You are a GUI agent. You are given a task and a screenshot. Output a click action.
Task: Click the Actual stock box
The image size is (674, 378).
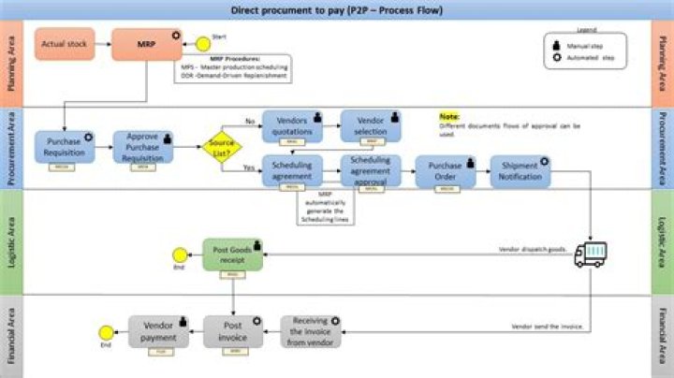pyautogui.click(x=66, y=44)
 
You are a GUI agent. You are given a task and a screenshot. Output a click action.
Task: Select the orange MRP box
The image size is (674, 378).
pyautogui.click(x=146, y=44)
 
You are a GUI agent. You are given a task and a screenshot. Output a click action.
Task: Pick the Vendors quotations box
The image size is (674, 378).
pyautogui.click(x=293, y=124)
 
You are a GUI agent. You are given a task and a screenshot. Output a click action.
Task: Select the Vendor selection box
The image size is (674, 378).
pyautogui.click(x=370, y=124)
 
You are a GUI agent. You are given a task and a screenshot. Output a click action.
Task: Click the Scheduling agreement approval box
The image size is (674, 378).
pyautogui.click(x=370, y=170)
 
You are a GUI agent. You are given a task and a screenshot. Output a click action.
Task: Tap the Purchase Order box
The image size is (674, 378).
pyautogui.click(x=446, y=170)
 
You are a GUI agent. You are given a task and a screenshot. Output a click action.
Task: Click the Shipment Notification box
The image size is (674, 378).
pyautogui.click(x=520, y=170)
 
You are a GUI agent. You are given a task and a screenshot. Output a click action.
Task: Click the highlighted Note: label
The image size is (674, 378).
pyautogui.click(x=450, y=117)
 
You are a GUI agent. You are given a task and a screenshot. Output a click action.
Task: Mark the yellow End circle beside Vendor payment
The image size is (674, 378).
pyautogui.click(x=106, y=330)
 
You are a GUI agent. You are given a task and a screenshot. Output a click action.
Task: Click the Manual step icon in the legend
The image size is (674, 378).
pyautogui.click(x=560, y=45)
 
